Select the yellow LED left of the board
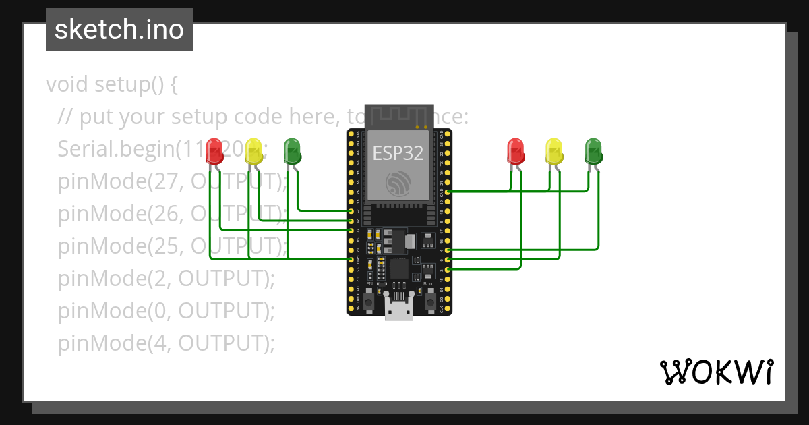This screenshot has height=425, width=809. (253, 150)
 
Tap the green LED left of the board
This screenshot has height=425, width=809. (292, 150)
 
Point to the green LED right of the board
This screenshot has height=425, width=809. (593, 151)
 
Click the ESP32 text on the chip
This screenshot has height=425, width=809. (398, 153)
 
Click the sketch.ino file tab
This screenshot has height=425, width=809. (119, 30)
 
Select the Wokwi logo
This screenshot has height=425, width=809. (716, 372)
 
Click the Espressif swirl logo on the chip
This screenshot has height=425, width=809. (398, 183)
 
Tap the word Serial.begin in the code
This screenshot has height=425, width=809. (107, 149)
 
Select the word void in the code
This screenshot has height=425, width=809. (67, 85)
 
